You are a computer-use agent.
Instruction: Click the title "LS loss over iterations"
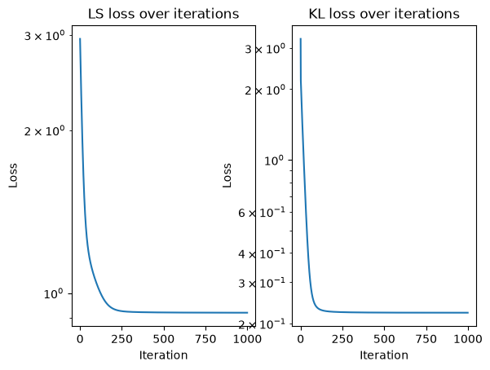(163, 14)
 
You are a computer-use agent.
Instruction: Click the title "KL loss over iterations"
(384, 14)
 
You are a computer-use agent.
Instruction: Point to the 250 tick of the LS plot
(121, 339)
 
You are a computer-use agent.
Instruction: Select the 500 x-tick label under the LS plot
(164, 339)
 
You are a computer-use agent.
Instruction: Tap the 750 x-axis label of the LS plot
(205, 339)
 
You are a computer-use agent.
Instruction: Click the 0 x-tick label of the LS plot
(80, 339)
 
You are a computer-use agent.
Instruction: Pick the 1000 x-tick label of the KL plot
(468, 339)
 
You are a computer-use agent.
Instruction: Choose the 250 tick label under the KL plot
(342, 339)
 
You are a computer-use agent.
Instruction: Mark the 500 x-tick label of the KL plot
(384, 339)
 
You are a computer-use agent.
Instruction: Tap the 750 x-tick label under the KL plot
(426, 339)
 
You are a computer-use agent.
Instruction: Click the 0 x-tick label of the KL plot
(301, 339)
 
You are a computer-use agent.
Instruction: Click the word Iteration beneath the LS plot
(163, 355)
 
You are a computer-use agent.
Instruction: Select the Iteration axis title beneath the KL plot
(384, 355)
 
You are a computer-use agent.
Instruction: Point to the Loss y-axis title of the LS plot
(13, 175)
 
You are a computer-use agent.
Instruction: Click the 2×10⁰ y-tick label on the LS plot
(45, 131)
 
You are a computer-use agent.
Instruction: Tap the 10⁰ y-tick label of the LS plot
(55, 293)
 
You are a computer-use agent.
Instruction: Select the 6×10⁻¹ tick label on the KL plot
(262, 213)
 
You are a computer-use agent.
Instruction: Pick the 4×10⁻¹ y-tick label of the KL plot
(262, 253)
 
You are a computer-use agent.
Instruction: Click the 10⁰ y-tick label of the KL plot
(275, 161)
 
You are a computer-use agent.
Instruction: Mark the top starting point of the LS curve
(80, 39)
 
